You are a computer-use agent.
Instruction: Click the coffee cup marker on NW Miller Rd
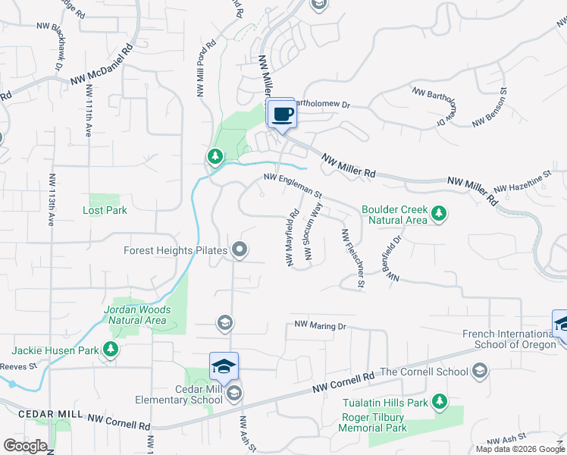point(281,115)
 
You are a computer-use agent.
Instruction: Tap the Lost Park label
point(105,210)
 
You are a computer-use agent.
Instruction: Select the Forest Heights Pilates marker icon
point(240,249)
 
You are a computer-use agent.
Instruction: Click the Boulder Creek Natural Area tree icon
point(437,215)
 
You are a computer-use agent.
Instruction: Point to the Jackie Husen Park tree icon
point(111,350)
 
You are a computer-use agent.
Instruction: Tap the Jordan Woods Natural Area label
point(136,315)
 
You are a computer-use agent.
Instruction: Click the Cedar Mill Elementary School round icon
point(235,392)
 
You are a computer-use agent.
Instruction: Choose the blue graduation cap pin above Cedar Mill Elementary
point(224,367)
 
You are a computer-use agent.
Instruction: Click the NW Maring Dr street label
point(320,326)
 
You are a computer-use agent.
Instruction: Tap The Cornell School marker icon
point(478,371)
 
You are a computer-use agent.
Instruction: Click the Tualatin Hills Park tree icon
point(438,402)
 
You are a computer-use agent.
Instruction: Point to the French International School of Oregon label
point(508,339)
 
